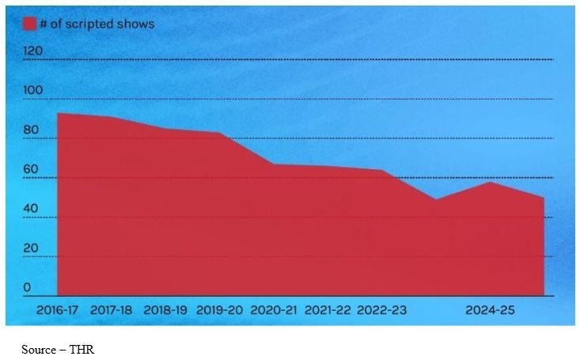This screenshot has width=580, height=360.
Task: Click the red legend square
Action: click(x=30, y=24)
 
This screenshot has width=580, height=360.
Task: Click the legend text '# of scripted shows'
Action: click(x=97, y=24)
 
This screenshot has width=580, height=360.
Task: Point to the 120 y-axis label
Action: click(x=33, y=51)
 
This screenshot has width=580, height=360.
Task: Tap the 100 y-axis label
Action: click(x=33, y=90)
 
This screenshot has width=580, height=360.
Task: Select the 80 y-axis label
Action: click(x=32, y=130)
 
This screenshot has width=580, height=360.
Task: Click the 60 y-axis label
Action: click(x=32, y=169)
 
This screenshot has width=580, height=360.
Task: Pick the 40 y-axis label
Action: click(x=32, y=209)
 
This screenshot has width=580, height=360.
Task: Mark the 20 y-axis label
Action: click(x=32, y=248)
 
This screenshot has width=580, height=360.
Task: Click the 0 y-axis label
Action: click(x=28, y=287)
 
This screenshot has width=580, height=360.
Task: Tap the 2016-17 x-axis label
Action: click(x=58, y=310)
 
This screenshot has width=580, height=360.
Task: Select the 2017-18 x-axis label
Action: click(x=112, y=310)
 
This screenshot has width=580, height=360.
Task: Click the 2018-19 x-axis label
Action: click(x=165, y=310)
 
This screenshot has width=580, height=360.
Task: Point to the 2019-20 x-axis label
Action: click(x=219, y=310)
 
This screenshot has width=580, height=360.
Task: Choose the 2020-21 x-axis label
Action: click(x=274, y=310)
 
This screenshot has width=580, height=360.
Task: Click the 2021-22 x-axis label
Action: click(x=327, y=310)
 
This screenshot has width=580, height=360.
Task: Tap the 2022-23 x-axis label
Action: click(x=381, y=310)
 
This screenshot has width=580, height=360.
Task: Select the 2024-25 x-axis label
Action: click(x=489, y=310)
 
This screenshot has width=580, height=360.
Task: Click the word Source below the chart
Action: click(x=38, y=349)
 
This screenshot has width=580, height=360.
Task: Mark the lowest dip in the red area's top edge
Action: click(x=436, y=199)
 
